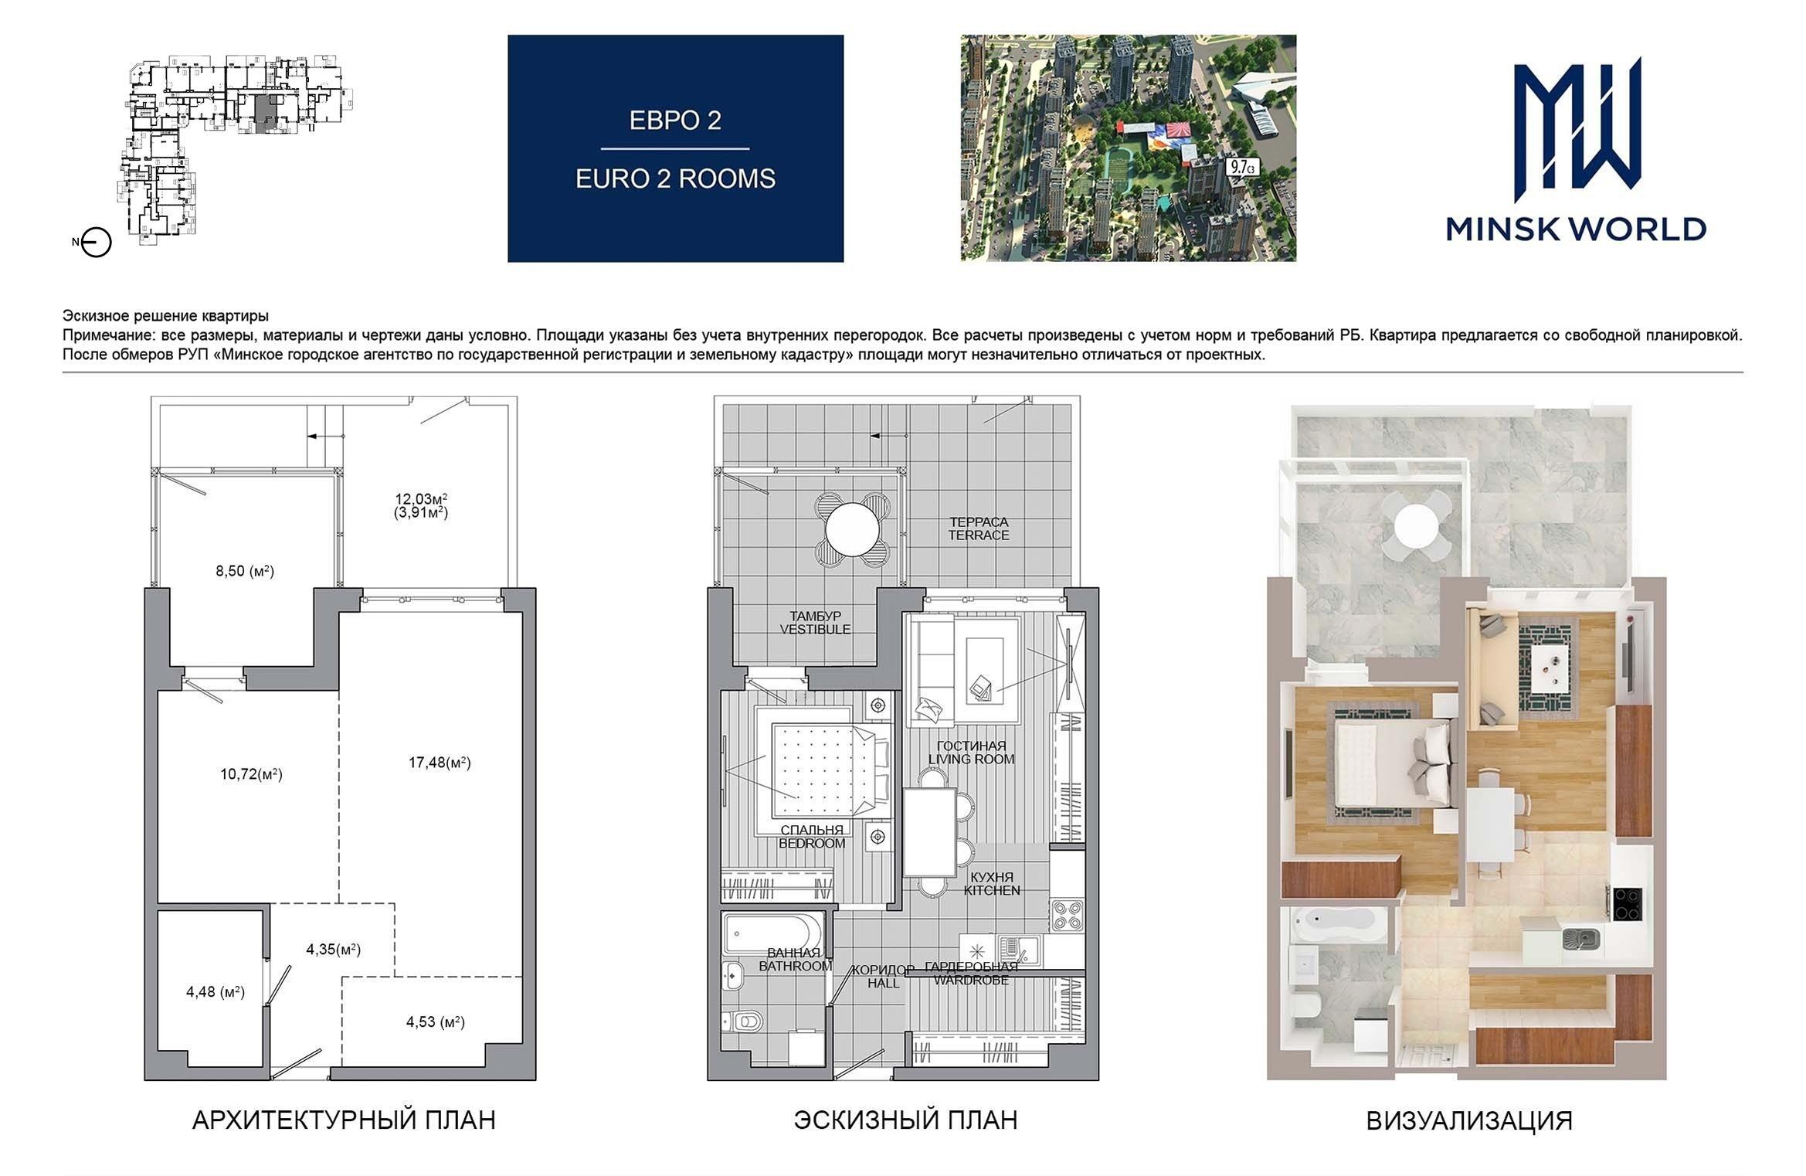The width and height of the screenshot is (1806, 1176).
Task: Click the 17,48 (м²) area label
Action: pyautogui.click(x=440, y=763)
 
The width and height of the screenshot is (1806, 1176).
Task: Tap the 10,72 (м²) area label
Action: pyautogui.click(x=251, y=773)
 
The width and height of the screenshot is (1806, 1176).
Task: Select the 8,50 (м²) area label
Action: pyautogui.click(x=245, y=571)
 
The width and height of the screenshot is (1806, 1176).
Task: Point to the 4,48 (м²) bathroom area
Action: pyautogui.click(x=216, y=991)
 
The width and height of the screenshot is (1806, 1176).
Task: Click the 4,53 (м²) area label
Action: pyautogui.click(x=436, y=1021)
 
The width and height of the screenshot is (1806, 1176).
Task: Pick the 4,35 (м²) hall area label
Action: pyautogui.click(x=334, y=949)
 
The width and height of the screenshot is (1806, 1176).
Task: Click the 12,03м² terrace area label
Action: pyautogui.click(x=421, y=499)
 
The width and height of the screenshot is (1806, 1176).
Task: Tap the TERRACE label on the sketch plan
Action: pyautogui.click(x=979, y=535)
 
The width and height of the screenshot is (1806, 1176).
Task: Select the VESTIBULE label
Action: pyautogui.click(x=815, y=630)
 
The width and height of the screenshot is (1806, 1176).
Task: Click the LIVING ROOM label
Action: pyautogui.click(x=972, y=760)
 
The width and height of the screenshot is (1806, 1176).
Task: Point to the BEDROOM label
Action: pyautogui.click(x=812, y=844)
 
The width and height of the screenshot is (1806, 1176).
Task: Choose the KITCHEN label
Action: pyautogui.click(x=992, y=890)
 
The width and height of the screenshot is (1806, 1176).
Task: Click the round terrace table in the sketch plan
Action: pyautogui.click(x=852, y=529)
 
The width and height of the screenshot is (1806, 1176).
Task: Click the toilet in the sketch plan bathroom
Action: pyautogui.click(x=742, y=1021)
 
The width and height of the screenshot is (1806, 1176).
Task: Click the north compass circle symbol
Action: pyautogui.click(x=97, y=243)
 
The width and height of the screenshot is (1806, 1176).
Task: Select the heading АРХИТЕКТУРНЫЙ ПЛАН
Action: pyautogui.click(x=344, y=1120)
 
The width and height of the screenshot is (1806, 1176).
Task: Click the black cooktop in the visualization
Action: pyautogui.click(x=1627, y=904)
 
